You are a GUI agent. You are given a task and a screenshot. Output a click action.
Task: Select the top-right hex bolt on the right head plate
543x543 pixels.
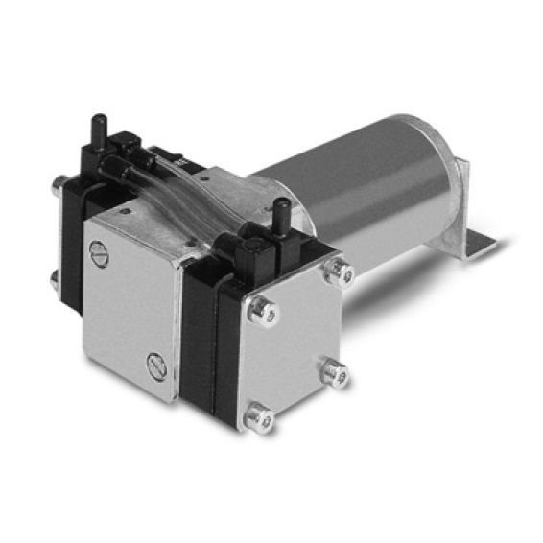click(x=335, y=273)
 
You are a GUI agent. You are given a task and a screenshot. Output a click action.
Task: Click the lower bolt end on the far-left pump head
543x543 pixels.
click(x=55, y=279)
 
